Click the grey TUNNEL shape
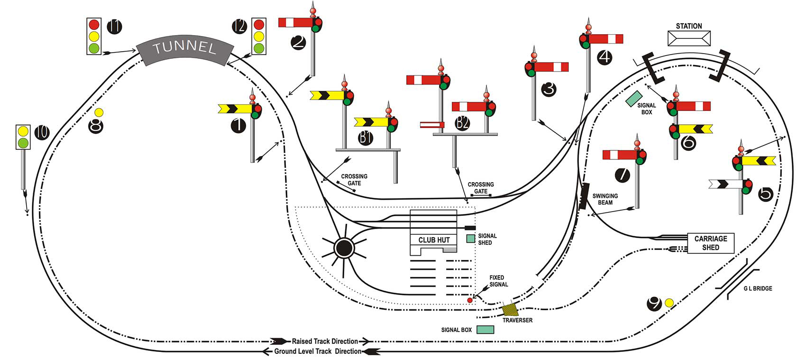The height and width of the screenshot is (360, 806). tap(185, 48)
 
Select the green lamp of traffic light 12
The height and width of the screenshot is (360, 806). tap(258, 48)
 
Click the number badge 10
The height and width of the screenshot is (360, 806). tap(42, 132)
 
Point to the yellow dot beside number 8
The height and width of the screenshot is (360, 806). tap(99, 112)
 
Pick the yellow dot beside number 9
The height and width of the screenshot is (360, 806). tap(669, 303)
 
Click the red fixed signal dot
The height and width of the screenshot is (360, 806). tap(470, 300)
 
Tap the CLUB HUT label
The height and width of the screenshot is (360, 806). tap(433, 240)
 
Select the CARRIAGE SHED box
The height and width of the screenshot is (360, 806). tap(710, 243)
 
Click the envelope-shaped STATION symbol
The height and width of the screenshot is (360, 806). tap(689, 38)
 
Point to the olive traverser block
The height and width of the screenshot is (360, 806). tap(511, 310)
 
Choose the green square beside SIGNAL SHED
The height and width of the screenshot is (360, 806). tap(470, 239)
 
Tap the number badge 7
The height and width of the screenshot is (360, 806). tap(623, 175)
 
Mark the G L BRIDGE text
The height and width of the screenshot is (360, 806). tap(757, 288)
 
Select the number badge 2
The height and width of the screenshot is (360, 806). tap(299, 42)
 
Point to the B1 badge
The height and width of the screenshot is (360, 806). tap(366, 138)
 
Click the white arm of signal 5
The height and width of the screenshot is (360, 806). tap(725, 184)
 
